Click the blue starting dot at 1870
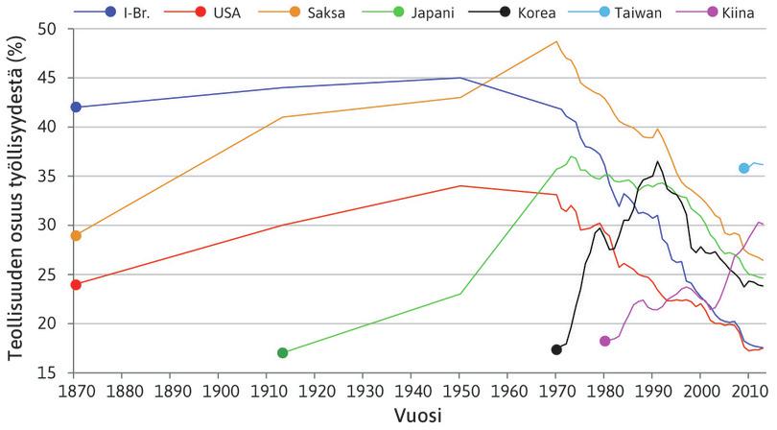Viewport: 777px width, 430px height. click(x=76, y=107)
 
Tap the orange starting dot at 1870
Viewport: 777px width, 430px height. click(x=76, y=235)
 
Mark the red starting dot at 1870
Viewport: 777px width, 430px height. click(x=76, y=284)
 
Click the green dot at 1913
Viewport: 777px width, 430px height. click(x=282, y=353)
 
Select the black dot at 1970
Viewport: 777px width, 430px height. click(x=556, y=349)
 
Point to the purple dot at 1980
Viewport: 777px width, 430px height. click(x=604, y=341)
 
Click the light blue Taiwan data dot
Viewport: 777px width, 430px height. click(x=743, y=168)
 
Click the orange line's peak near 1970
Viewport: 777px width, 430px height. click(x=556, y=41)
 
